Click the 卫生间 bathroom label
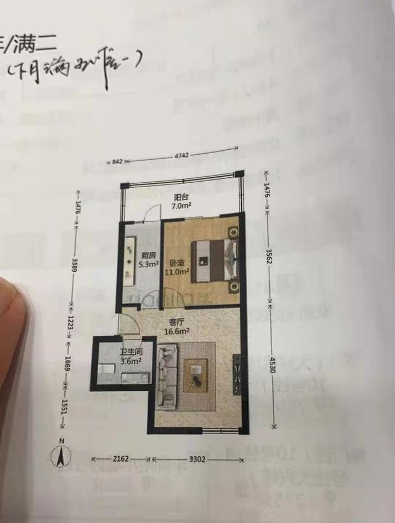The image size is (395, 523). (x=131, y=353)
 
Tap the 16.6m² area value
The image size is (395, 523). (x=177, y=331)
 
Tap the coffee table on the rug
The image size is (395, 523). (x=195, y=375)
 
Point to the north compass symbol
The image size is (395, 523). (x=63, y=455)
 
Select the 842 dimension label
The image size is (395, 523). (x=116, y=162)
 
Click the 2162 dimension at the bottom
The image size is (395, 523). (x=121, y=459)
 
